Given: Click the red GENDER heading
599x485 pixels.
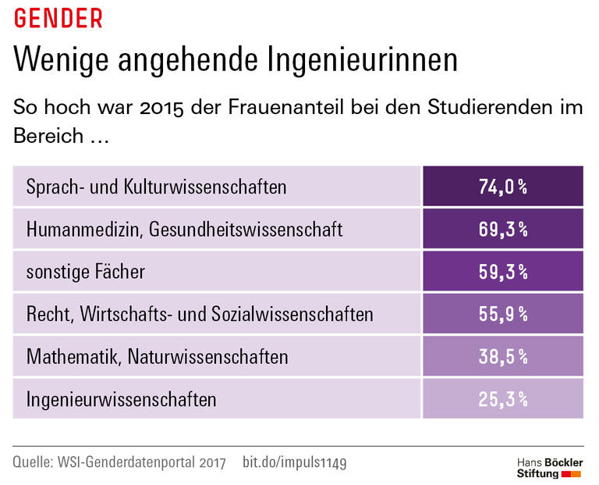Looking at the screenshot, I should click(x=57, y=18).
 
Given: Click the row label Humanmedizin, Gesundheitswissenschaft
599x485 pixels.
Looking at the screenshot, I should click(x=184, y=230).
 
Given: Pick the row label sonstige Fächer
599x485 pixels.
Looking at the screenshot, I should click(x=85, y=272).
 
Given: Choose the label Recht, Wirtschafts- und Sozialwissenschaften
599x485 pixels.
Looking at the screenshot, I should click(x=200, y=314).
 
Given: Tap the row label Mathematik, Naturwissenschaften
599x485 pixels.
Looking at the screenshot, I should click(x=157, y=357).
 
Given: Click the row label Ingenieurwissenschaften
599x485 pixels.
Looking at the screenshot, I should click(x=121, y=399).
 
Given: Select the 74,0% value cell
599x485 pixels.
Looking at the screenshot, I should click(x=502, y=187).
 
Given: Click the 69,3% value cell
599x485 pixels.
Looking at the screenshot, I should click(x=502, y=230).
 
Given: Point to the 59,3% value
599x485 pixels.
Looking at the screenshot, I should click(x=502, y=272).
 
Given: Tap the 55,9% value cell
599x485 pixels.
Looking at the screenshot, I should click(x=502, y=314).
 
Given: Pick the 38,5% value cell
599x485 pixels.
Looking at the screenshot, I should click(x=502, y=357).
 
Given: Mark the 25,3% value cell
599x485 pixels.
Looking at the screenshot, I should click(x=502, y=399).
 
